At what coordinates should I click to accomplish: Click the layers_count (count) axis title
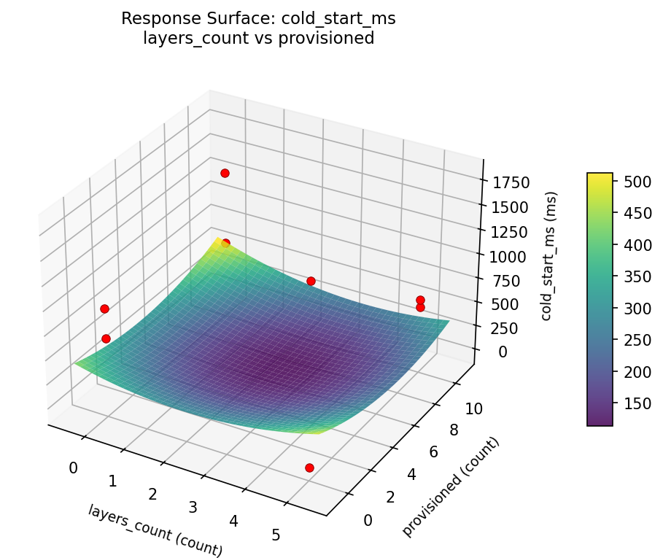coord(155,530)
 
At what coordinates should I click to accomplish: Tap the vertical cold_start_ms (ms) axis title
coord(551,256)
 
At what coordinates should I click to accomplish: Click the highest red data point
coord(225,173)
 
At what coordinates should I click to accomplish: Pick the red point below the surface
coord(309,468)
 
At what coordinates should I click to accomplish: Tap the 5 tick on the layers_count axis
coord(276,535)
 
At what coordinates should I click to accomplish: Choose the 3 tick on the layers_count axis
coord(193,508)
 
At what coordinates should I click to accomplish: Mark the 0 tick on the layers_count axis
coord(73,468)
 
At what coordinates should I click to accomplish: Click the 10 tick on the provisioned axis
coord(473,409)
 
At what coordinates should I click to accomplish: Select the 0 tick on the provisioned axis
coord(367,519)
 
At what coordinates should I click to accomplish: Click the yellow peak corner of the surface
coord(217,239)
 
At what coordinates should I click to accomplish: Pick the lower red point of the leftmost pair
coord(106,338)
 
